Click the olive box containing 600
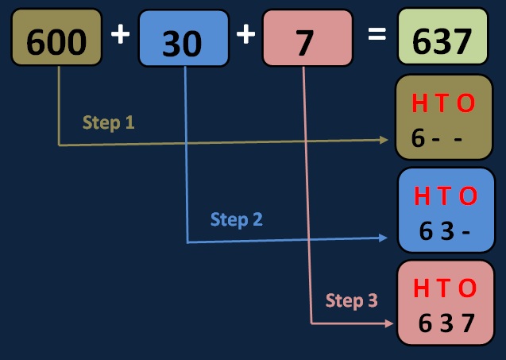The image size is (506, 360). point(56,37)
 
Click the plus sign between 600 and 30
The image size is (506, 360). point(120,36)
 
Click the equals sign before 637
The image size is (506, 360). point(377,35)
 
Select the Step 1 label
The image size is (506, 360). point(108,123)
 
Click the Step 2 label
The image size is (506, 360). point(236,219)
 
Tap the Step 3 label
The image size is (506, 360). point(351,300)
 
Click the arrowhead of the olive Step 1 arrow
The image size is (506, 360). point(387,140)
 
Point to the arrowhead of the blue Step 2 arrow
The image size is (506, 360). point(387,238)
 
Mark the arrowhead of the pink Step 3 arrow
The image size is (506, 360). point(388,323)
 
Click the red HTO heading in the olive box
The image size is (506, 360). point(443,104)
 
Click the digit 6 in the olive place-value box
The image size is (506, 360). point(419,139)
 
